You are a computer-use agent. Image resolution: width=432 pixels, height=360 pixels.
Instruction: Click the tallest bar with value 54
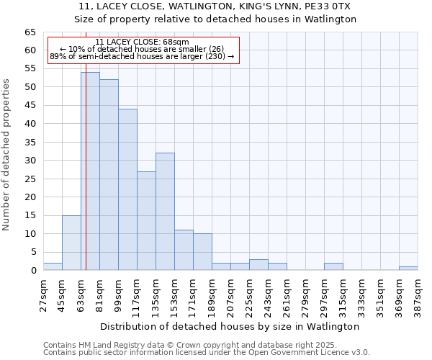coord(90,171)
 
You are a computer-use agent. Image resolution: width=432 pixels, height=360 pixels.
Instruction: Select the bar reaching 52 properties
coord(109,175)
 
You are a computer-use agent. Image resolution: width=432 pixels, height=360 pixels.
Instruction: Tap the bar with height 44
coord(127,189)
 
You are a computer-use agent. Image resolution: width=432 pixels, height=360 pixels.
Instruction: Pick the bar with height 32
coord(165,212)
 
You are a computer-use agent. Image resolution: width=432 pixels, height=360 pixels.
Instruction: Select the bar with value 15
coord(71,243)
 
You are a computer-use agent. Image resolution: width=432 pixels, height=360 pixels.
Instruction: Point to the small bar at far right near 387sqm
coord(408,268)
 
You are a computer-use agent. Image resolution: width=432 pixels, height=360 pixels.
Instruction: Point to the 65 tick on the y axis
coord(30,32)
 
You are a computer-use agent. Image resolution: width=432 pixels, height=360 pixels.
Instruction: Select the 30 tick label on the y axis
coord(30,161)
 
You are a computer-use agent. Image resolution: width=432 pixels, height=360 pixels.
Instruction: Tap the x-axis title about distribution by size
coord(230,327)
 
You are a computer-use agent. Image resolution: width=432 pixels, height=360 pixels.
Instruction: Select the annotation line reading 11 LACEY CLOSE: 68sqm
coord(142,42)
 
